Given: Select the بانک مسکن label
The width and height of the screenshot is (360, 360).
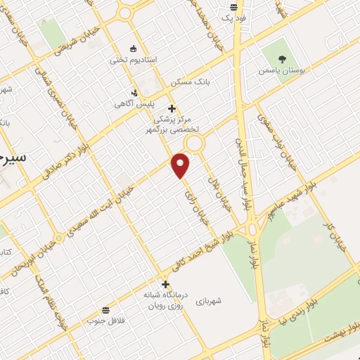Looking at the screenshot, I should click(191, 82).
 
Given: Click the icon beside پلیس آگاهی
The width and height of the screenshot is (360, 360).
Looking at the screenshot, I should click(135, 92).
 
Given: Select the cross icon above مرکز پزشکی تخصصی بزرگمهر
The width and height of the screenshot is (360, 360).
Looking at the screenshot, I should click(172, 108).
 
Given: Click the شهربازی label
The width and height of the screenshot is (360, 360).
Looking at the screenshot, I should click(210, 300).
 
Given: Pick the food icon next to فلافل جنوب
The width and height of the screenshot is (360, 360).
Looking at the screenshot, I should click(105, 310).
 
